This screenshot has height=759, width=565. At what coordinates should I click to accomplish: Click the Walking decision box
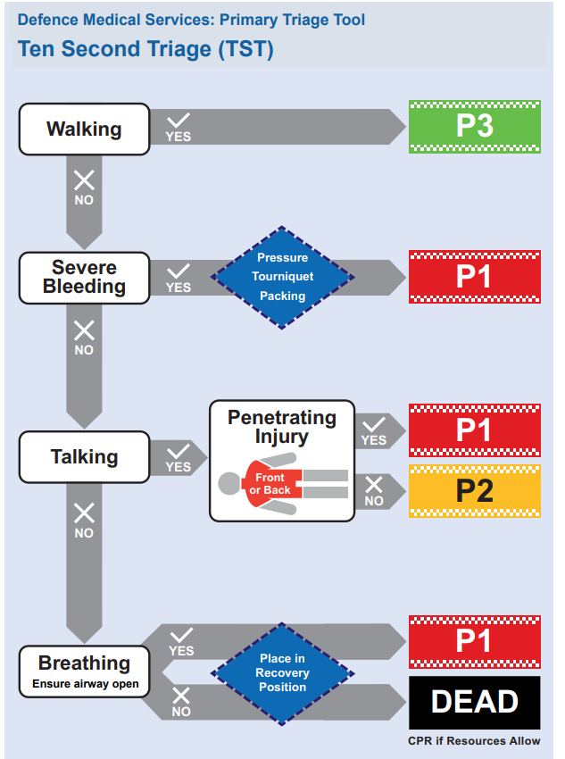(x=84, y=129)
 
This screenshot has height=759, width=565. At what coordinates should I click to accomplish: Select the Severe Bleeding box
(x=84, y=277)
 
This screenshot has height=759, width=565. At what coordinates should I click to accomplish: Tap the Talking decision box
(x=84, y=457)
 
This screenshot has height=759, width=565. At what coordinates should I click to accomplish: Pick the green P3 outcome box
(x=474, y=126)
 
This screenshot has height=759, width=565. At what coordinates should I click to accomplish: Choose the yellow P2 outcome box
(x=474, y=490)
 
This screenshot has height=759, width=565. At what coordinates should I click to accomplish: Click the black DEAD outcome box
(x=474, y=702)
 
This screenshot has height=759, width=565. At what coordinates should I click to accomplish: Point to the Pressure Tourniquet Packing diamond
(x=282, y=277)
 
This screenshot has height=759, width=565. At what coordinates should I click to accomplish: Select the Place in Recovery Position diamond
(x=282, y=672)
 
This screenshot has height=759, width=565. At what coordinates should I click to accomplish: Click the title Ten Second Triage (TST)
(x=145, y=49)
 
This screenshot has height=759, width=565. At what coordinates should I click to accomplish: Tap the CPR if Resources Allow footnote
(x=474, y=741)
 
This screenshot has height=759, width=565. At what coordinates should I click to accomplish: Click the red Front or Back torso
(x=270, y=484)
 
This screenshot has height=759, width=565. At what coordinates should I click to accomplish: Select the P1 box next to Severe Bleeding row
(x=474, y=277)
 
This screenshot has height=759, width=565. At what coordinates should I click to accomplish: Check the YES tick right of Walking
(x=179, y=127)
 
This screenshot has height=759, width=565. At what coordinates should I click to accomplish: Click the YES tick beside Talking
(x=179, y=457)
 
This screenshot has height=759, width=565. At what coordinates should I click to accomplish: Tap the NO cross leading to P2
(x=374, y=490)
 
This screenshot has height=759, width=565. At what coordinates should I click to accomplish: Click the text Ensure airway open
(x=81, y=685)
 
